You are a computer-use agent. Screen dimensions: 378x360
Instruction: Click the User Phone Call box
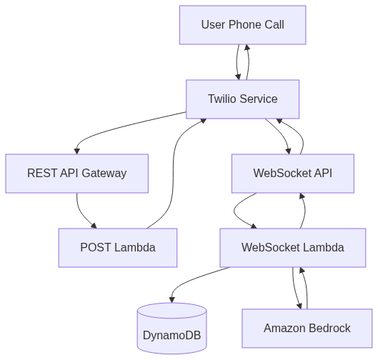[x=243, y=25]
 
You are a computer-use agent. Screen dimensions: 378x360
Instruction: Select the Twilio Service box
[x=243, y=99]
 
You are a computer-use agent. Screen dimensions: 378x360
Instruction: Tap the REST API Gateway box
[x=77, y=174]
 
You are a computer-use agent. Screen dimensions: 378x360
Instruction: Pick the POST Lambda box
[x=118, y=247]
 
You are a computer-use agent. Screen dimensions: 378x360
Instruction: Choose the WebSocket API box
[x=293, y=174]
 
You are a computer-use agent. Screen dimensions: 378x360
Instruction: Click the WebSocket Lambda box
[x=293, y=247]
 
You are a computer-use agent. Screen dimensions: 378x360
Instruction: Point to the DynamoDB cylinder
[x=172, y=328]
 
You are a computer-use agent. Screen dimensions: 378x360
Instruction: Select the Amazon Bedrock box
[x=307, y=328]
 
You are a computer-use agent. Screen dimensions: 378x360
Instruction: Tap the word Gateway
[x=104, y=174]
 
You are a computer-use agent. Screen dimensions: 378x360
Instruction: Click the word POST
[x=96, y=247]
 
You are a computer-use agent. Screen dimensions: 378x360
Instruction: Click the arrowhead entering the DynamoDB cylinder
[x=172, y=300]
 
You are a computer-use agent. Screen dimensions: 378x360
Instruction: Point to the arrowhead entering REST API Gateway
[x=77, y=151]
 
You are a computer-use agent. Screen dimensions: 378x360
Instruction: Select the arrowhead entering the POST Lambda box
[x=94, y=226]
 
